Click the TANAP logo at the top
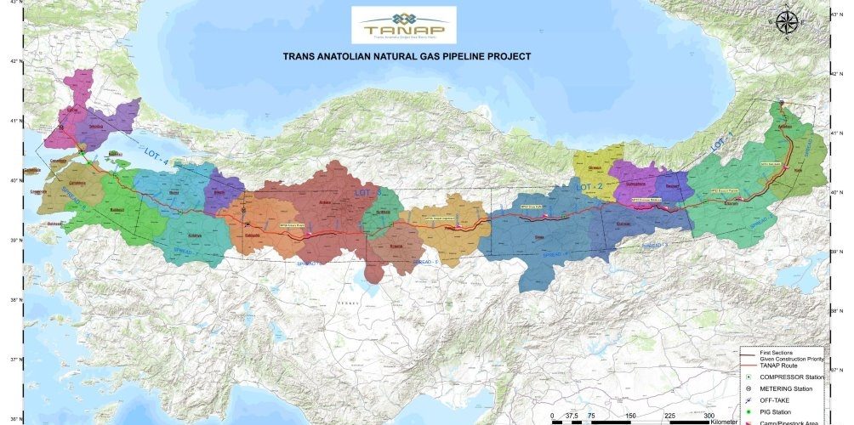(403, 25)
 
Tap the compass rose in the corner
(787, 23)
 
